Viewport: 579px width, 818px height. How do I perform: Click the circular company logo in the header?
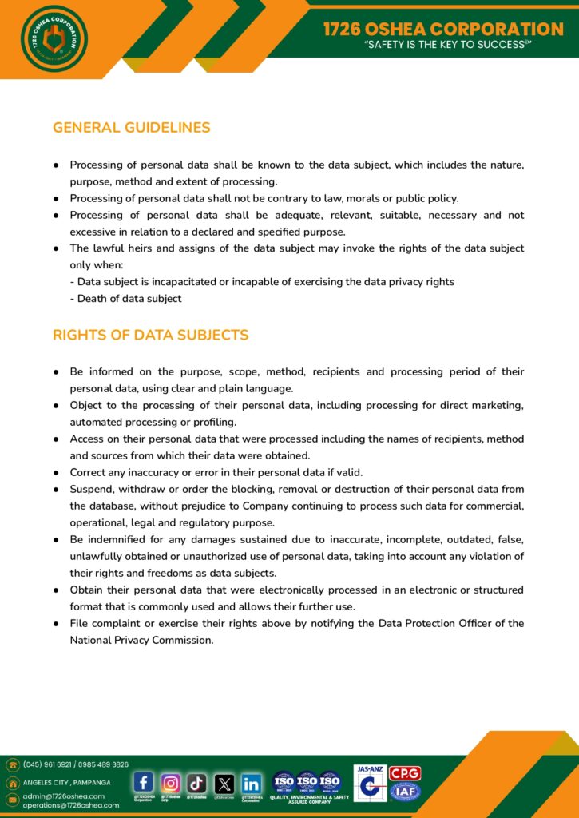[x=54, y=38]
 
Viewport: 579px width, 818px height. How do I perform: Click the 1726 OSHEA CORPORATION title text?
[x=443, y=29]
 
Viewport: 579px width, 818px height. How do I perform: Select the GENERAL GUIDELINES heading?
[x=132, y=128]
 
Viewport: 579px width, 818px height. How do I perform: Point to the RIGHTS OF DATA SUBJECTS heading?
[x=150, y=335]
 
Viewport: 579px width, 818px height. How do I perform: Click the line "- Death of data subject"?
[x=125, y=299]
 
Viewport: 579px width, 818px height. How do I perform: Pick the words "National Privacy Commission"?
[x=141, y=640]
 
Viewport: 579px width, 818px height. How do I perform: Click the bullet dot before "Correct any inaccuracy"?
[x=58, y=472]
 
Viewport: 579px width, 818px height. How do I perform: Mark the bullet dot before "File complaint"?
[x=58, y=623]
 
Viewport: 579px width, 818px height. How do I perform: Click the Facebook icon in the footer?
[x=144, y=782]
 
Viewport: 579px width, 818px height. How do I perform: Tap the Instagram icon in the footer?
[x=171, y=782]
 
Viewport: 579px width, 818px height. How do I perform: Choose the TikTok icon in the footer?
[x=197, y=782]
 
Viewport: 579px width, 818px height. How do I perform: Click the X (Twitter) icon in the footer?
[x=224, y=782]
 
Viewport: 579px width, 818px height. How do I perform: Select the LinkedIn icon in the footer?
[x=251, y=782]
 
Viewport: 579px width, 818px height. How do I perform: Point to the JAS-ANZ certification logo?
[x=370, y=784]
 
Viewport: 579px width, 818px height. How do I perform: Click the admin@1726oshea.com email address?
[x=64, y=796]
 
